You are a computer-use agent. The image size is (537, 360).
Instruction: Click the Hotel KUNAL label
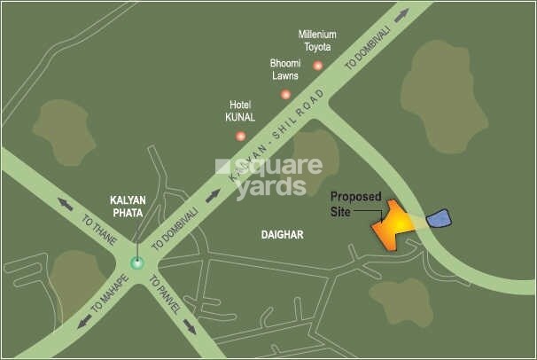tap(241, 110)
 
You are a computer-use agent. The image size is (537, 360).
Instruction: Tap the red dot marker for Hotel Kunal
tap(240, 136)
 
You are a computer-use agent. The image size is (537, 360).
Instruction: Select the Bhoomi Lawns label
tap(285, 69)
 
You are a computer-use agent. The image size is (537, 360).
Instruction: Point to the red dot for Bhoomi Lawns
tap(285, 94)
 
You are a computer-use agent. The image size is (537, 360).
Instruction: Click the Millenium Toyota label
tap(317, 41)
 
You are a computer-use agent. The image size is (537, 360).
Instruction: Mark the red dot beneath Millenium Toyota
tap(317, 66)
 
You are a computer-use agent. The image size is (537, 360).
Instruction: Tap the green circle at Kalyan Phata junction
tap(136, 262)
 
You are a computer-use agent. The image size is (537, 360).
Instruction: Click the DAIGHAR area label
tap(283, 235)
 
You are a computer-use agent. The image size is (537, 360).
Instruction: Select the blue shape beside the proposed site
tap(439, 218)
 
